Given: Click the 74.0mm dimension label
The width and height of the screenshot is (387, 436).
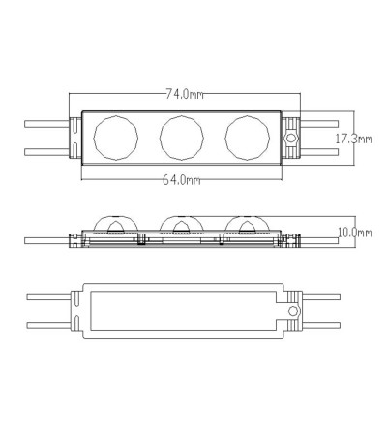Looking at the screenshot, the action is point(185,94).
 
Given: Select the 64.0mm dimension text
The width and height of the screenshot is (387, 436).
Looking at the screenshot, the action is point(181,180).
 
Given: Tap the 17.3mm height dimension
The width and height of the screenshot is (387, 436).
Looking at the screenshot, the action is point(353,140).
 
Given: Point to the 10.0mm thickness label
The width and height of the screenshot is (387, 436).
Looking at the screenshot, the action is point(355,233).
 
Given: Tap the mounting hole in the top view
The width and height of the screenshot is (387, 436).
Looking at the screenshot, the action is point(291,138).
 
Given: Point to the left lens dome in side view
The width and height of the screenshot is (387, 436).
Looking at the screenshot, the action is point(116,217).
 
